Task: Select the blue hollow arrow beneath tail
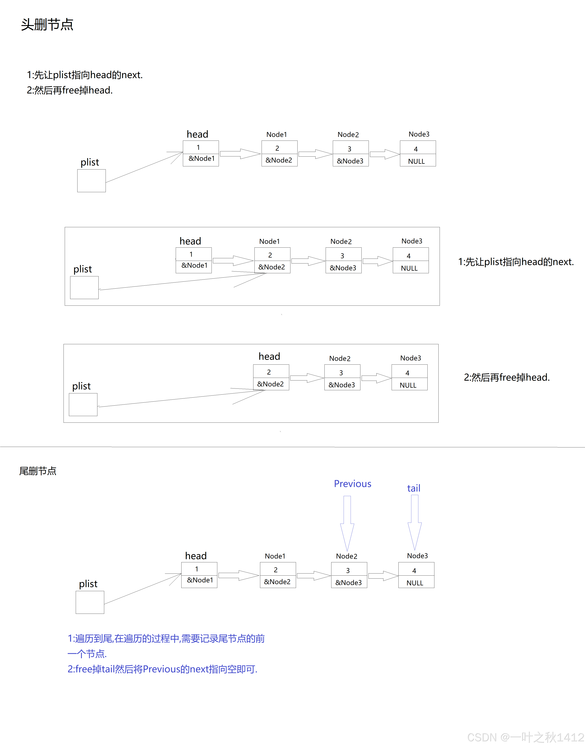[x=414, y=522]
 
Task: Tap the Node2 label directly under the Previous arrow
[x=347, y=556]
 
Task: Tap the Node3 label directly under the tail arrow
[x=417, y=556]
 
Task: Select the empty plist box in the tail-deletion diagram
[x=90, y=602]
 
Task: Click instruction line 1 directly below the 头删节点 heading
[x=85, y=75]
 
